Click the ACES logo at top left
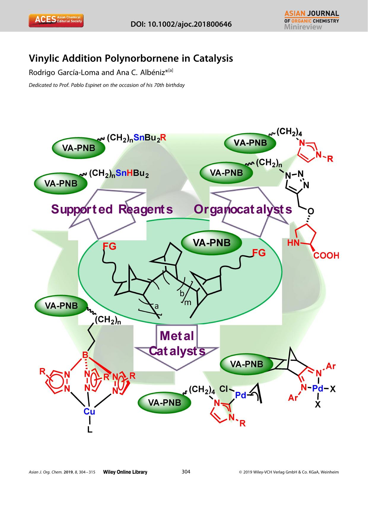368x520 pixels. (x=56, y=20)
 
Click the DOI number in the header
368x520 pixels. (x=181, y=24)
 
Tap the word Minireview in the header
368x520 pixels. (x=303, y=27)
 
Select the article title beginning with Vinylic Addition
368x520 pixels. (x=131, y=58)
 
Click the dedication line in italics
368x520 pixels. (x=107, y=85)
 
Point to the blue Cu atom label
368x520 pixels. (x=89, y=411)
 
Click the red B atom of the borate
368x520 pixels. (x=85, y=355)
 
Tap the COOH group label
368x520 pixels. (x=326, y=256)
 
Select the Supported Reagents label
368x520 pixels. (x=112, y=209)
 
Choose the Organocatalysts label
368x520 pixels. (x=243, y=209)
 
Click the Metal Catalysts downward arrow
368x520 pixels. (x=177, y=344)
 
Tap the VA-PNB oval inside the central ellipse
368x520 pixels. (x=211, y=243)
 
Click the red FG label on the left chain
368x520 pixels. (x=109, y=246)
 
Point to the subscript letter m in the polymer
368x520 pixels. (x=188, y=303)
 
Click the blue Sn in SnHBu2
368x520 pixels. (x=121, y=173)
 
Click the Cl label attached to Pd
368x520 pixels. (x=224, y=389)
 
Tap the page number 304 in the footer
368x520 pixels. (x=186, y=472)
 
